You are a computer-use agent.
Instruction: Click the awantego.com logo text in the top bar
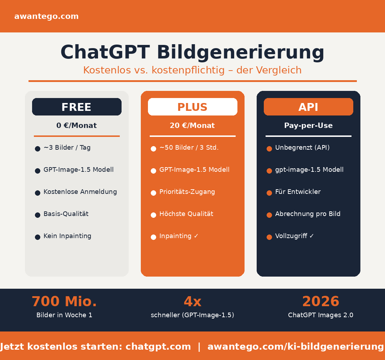click(x=46, y=16)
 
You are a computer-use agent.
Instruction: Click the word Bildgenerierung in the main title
click(x=240, y=52)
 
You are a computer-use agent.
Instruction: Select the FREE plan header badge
click(x=77, y=107)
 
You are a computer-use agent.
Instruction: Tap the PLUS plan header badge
click(x=192, y=107)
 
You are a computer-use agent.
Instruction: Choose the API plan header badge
click(x=308, y=107)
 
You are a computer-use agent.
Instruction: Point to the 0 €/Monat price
click(x=77, y=126)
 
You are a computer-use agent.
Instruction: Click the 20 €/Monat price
click(x=192, y=126)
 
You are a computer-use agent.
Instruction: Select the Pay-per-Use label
click(x=308, y=126)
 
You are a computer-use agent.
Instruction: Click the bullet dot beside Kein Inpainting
click(x=37, y=237)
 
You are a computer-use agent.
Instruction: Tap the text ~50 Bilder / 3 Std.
click(x=189, y=148)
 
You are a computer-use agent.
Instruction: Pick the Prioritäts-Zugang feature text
click(x=187, y=192)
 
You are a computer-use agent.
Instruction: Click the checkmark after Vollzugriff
click(x=312, y=236)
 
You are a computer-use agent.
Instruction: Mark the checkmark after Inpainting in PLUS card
click(x=196, y=236)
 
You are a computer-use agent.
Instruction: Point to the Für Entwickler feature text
click(x=298, y=192)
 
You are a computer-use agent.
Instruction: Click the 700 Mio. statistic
click(x=64, y=302)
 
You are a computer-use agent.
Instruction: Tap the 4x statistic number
click(x=192, y=302)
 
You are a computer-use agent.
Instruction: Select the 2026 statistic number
click(x=320, y=302)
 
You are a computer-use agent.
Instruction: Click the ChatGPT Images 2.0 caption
click(x=320, y=315)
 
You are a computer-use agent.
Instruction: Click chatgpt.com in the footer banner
click(x=158, y=347)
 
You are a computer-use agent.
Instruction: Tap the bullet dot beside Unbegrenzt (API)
click(x=269, y=149)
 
